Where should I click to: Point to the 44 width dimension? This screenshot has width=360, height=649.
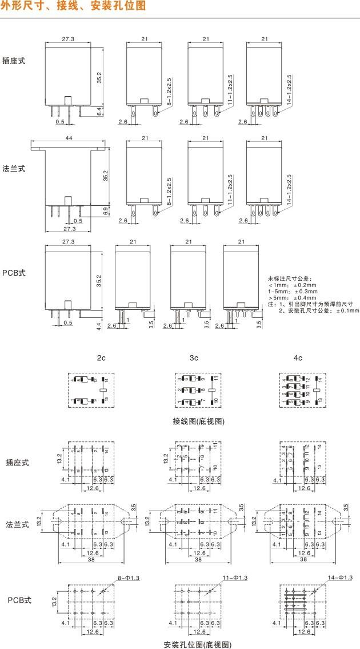pos(69,139)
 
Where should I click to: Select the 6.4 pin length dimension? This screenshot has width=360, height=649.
pos(99,112)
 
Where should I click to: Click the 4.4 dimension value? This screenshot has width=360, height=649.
pos(98,326)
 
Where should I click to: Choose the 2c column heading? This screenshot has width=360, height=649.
pos(101,357)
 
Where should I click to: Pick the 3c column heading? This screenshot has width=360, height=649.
pos(194,357)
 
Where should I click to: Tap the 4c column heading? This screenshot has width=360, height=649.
pos(298,357)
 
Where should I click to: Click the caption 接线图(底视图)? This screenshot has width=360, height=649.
pos(198,421)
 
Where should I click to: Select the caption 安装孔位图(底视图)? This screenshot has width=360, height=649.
pos(197,644)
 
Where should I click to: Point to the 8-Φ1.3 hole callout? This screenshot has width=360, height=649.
pos(127,578)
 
